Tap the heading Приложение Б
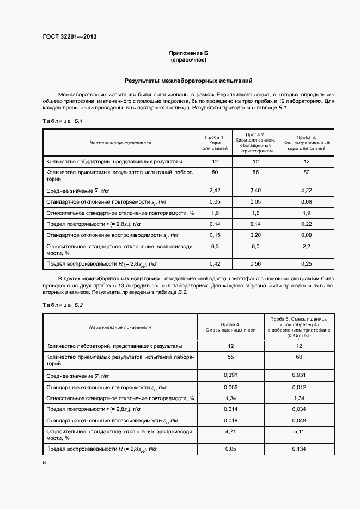pyautogui.click(x=188, y=53)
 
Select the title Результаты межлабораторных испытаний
pyautogui.click(x=188, y=81)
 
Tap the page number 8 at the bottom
pyautogui.click(x=44, y=462)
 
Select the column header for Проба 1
pyautogui.click(x=214, y=142)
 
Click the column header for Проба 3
pyautogui.click(x=307, y=142)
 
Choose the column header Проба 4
pyautogui.click(x=230, y=327)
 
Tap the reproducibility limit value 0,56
pyautogui.click(x=255, y=263)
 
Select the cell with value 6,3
pyautogui.click(x=214, y=246)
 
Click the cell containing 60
pyautogui.click(x=298, y=357)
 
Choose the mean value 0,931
pyautogui.click(x=298, y=375)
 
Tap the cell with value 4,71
pyautogui.click(x=230, y=431)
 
